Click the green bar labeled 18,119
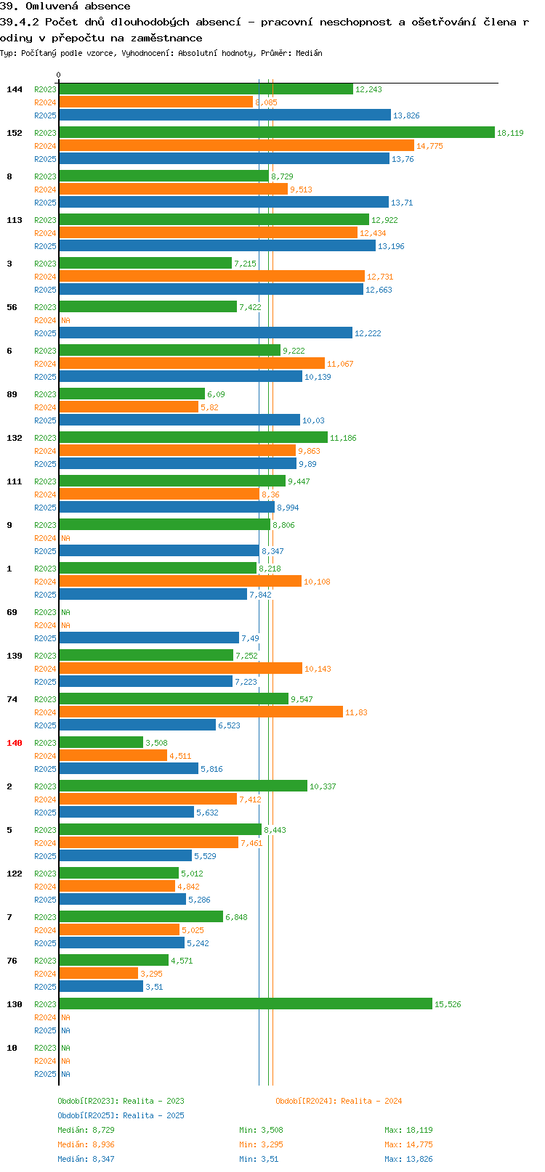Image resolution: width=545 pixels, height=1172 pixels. coord(277,132)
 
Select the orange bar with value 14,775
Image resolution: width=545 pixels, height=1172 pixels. coord(237,145)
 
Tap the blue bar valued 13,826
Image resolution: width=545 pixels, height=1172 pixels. coord(225,115)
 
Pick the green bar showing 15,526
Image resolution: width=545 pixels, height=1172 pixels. coord(246,1004)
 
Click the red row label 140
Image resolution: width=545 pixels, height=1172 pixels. coord(14,743)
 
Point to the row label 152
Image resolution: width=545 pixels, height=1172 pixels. coord(14,133)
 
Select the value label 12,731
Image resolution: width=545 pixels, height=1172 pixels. coord(380,277)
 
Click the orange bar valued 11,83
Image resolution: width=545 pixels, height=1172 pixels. coord(201,712)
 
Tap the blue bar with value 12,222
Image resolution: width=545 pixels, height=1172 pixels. coord(206,333)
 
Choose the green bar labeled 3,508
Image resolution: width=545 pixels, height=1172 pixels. coord(101,742)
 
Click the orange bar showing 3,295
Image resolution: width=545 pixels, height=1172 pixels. coord(98,973)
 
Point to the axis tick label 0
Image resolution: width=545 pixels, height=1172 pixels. coord(58,75)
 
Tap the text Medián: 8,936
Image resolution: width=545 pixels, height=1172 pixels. coord(86,1145)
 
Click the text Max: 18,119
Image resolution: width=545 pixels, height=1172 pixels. coord(408,1130)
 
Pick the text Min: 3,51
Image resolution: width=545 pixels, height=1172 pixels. coord(259,1160)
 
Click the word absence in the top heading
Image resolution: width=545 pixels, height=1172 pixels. coord(108,7)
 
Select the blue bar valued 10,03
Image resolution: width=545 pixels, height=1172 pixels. coord(179,420)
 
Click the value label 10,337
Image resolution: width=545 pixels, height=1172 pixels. coord(323,786)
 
